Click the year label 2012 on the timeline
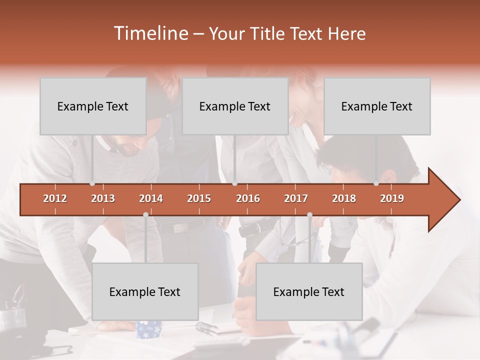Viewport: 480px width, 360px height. [x=55, y=198]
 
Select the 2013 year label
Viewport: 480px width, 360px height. [x=103, y=198]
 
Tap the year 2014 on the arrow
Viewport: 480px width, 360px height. [x=151, y=198]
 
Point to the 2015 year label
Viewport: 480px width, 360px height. [x=199, y=198]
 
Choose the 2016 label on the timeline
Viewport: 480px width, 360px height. [x=248, y=198]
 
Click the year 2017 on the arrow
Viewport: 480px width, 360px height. [x=296, y=198]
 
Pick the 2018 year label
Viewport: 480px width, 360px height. [x=344, y=198]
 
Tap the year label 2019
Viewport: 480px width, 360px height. [x=392, y=198]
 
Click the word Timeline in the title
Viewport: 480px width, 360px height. [x=150, y=33]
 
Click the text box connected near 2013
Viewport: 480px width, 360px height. [x=93, y=106]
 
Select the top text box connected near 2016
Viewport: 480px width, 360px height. [x=235, y=106]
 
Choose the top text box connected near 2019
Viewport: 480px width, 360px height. [x=377, y=106]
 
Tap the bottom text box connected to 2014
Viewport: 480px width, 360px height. [x=145, y=291]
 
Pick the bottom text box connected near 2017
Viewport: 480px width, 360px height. [x=309, y=291]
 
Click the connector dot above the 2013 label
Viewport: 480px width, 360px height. [x=92, y=183]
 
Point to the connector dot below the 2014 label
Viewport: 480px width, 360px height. [x=145, y=215]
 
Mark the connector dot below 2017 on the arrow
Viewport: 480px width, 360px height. [x=309, y=215]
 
